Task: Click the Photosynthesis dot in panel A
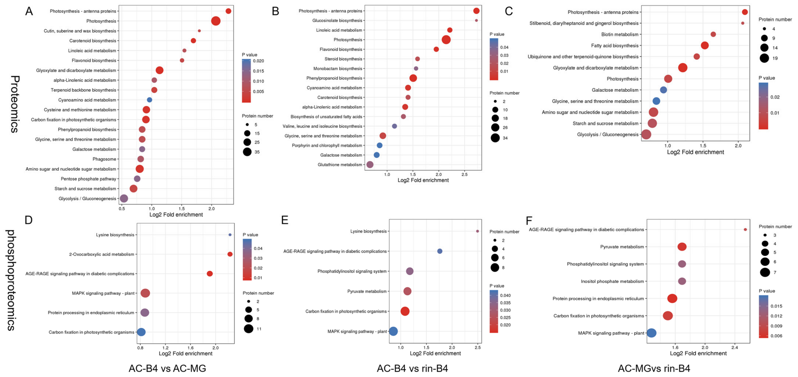click(216, 21)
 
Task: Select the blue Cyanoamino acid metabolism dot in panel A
click(149, 100)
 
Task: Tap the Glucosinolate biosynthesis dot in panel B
click(476, 21)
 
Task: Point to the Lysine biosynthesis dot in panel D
click(230, 235)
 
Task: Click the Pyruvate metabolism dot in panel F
click(682, 247)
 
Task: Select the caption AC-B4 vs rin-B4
click(412, 368)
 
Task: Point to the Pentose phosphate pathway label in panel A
click(88, 179)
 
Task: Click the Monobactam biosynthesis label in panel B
click(337, 69)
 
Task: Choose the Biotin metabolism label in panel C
click(620, 34)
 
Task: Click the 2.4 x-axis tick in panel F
click(735, 347)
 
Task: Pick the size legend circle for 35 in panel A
click(247, 152)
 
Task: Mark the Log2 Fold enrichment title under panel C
click(695, 152)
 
